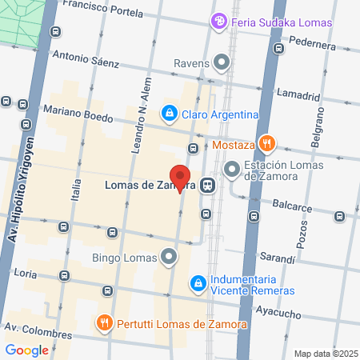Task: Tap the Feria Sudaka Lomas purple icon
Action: point(219,22)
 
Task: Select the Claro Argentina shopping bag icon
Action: point(169,114)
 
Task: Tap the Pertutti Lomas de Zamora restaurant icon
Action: point(103,323)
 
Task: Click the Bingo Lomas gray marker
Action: point(169,257)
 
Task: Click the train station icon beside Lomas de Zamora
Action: point(207,186)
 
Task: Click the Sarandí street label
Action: point(278,257)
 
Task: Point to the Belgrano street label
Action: point(318,136)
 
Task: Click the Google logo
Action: point(26,350)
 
